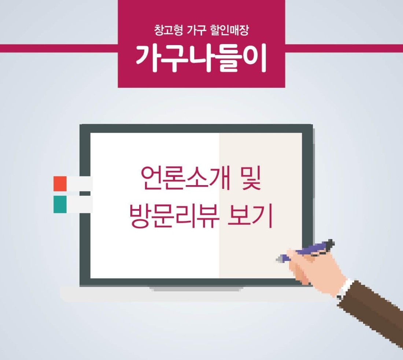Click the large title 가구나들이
coord(201,58)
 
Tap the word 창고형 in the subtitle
coord(169,30)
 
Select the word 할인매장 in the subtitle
coord(229,30)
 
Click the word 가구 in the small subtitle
coord(196,30)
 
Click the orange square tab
coord(60,184)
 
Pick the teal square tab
coord(60,204)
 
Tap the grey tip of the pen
coord(280,258)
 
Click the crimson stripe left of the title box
coord(59,48)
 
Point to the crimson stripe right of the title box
coord(344,48)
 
